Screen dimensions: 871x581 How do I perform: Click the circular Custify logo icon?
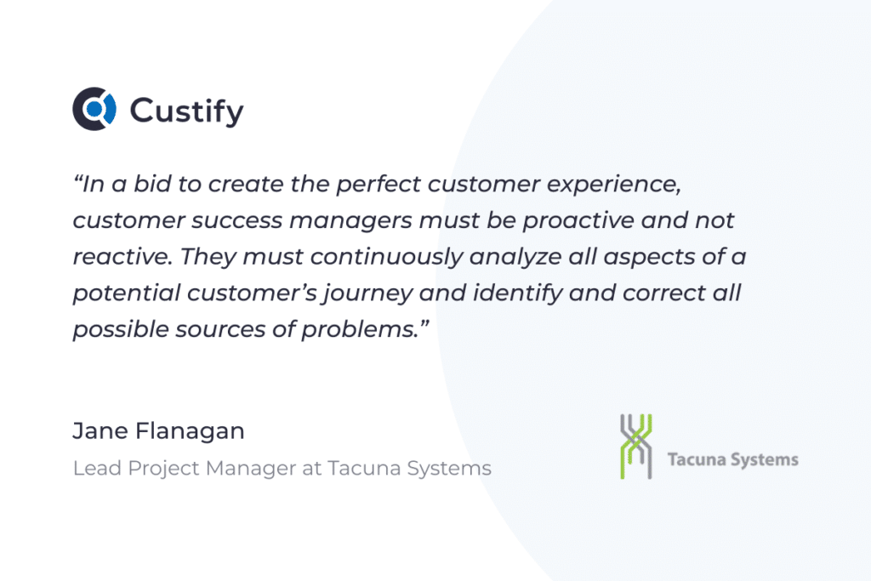click(94, 109)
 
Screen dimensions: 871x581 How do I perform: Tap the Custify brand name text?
click(186, 111)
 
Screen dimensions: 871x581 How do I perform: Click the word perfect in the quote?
click(379, 185)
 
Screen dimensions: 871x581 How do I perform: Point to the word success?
click(237, 220)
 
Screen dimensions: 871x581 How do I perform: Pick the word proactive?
click(578, 220)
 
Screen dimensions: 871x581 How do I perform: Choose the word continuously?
click(387, 257)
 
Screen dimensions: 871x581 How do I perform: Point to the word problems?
click(365, 329)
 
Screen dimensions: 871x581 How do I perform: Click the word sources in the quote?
click(220, 330)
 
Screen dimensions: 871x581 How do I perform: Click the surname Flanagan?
click(190, 432)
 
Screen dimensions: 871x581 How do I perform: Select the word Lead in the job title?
click(97, 468)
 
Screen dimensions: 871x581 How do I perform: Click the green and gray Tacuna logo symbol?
click(636, 446)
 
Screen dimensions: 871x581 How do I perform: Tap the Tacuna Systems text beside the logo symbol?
click(732, 460)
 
